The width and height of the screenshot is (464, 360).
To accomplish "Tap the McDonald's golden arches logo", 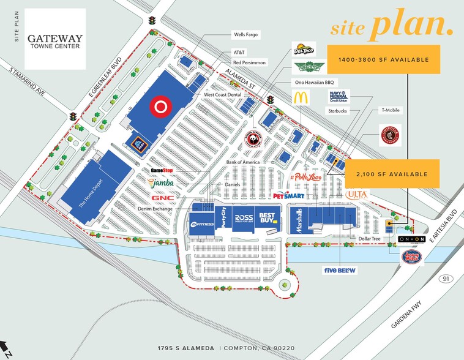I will pos(299,97).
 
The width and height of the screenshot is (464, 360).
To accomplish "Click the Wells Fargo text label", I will pos(246,35).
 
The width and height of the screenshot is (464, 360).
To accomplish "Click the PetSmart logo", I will pos(288,195).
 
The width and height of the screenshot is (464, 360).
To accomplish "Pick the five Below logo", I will pos(340,270).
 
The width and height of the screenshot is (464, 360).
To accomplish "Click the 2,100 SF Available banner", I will pos(392,174).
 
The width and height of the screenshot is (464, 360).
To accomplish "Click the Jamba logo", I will pos(161,182).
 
